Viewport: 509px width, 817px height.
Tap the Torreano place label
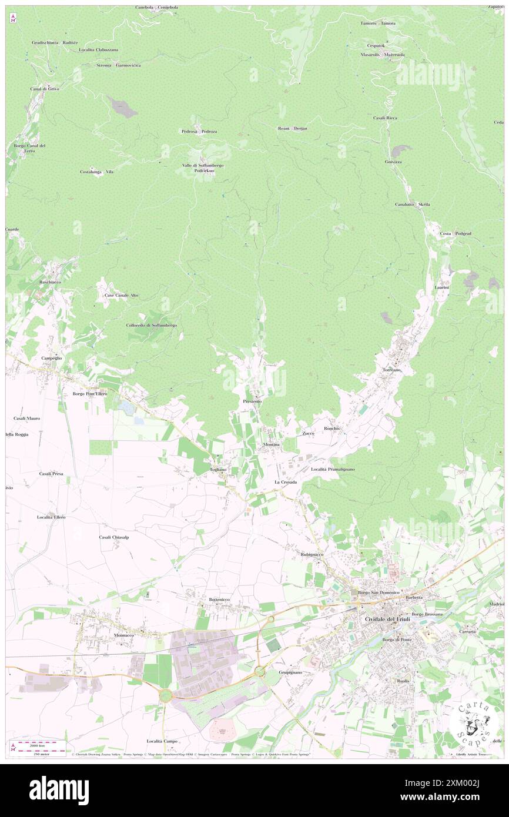(x=391, y=370)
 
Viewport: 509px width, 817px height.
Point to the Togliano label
(x=218, y=470)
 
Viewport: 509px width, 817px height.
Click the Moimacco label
(x=123, y=636)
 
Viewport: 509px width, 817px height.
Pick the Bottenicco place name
(x=219, y=599)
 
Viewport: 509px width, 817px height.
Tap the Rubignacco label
(x=312, y=554)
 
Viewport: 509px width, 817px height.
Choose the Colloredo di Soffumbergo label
(x=151, y=325)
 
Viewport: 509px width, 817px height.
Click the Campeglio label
(x=52, y=358)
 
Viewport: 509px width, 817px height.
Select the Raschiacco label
(x=51, y=282)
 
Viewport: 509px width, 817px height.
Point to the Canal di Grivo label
(x=45, y=88)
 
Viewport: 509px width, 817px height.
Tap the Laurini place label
(x=442, y=287)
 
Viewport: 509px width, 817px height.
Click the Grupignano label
(x=290, y=671)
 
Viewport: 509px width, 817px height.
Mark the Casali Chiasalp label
(x=114, y=537)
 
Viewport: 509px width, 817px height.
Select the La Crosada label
(x=286, y=482)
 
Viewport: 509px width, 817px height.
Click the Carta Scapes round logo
(x=474, y=726)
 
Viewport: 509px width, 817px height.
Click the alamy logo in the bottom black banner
(x=59, y=791)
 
